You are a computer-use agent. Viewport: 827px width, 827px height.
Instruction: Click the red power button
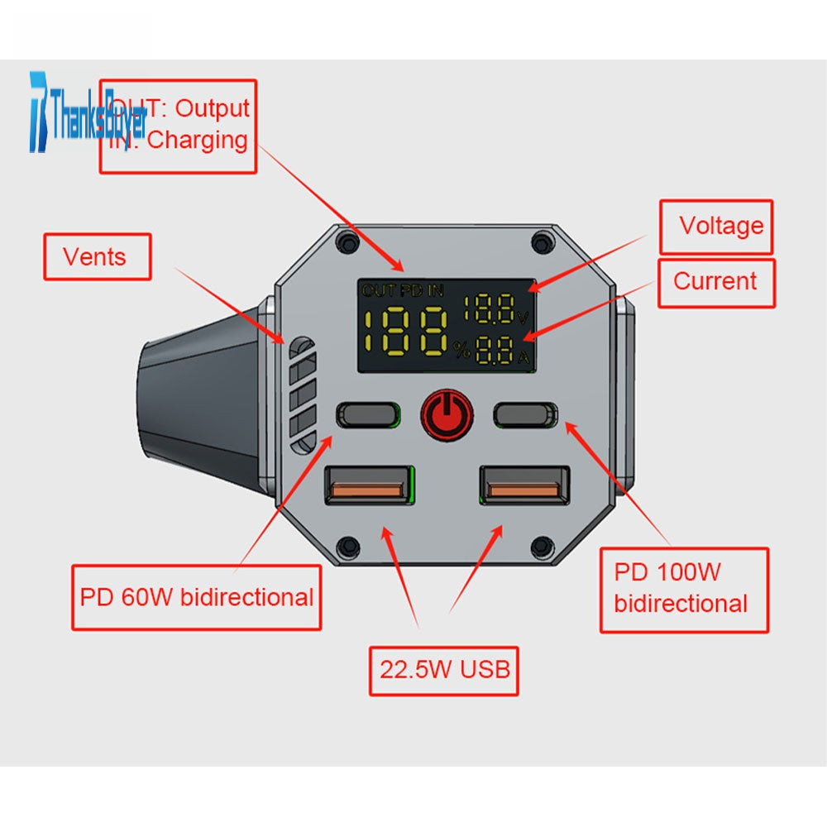coord(447,413)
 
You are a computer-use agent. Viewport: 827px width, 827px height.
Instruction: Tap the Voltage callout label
coord(716,226)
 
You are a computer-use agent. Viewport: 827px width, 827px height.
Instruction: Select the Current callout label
coord(716,282)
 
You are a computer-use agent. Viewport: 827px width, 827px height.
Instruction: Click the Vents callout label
coord(97,256)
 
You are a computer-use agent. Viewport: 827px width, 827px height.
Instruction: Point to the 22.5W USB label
coord(444,669)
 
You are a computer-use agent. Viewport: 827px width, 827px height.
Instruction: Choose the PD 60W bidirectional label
coord(196,596)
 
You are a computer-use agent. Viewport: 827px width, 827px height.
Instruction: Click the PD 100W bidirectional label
coord(683,589)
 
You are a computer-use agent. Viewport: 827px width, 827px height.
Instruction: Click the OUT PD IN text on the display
coord(402,289)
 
